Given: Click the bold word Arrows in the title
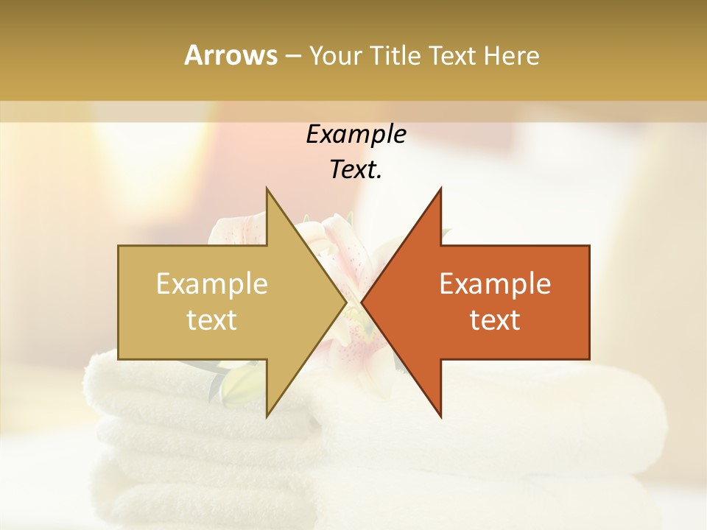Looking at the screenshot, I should click(x=231, y=55).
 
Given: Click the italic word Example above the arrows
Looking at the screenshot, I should click(x=356, y=134).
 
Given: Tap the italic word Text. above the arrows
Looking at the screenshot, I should click(x=356, y=170).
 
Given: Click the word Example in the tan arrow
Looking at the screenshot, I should click(x=212, y=284).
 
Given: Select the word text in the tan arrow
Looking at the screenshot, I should click(x=212, y=320).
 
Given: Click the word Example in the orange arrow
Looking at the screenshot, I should click(x=495, y=284).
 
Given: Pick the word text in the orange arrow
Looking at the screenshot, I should click(x=495, y=320).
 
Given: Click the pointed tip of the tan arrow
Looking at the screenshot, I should click(x=346, y=303).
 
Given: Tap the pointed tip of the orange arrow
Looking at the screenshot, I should click(x=362, y=303).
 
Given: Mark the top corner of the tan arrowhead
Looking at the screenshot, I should click(x=267, y=188).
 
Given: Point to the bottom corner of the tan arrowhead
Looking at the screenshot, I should click(x=267, y=417).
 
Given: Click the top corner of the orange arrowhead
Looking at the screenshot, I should click(x=441, y=188).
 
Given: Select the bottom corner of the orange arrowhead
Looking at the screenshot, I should click(x=441, y=417).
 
